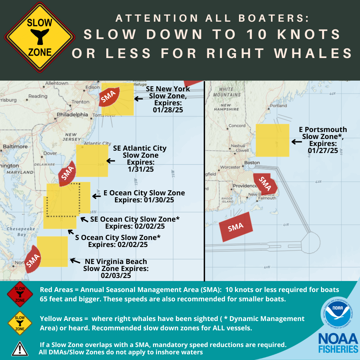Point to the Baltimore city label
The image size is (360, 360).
(x=15, y=147)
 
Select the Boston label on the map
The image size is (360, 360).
(x=252, y=163)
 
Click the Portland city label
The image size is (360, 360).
(x=278, y=106)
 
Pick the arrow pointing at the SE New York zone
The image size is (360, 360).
(x=139, y=99)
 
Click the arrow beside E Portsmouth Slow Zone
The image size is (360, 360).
(x=296, y=142)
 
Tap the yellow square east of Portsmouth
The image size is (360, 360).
(x=272, y=140)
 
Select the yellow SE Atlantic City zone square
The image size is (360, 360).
(x=92, y=161)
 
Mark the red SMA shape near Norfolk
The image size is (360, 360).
(x=33, y=259)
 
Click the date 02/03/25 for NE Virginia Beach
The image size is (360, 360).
(x=116, y=276)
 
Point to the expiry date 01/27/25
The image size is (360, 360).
(x=323, y=151)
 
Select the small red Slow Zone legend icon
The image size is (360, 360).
(x=20, y=293)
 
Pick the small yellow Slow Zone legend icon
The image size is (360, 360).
(x=20, y=323)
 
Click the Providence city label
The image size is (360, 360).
(x=245, y=186)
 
